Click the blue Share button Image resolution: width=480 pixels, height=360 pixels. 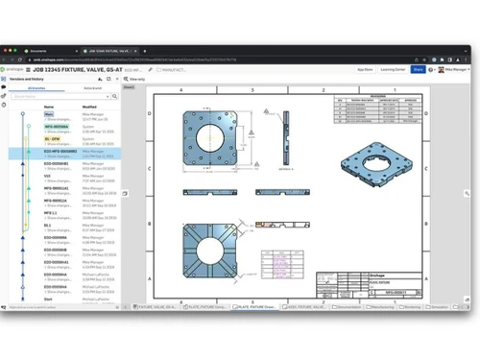click(x=419, y=69)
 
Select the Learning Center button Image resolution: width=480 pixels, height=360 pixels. click(x=392, y=69)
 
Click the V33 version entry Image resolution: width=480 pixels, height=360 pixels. click(x=47, y=176)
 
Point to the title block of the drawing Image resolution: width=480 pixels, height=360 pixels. click(x=394, y=287)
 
